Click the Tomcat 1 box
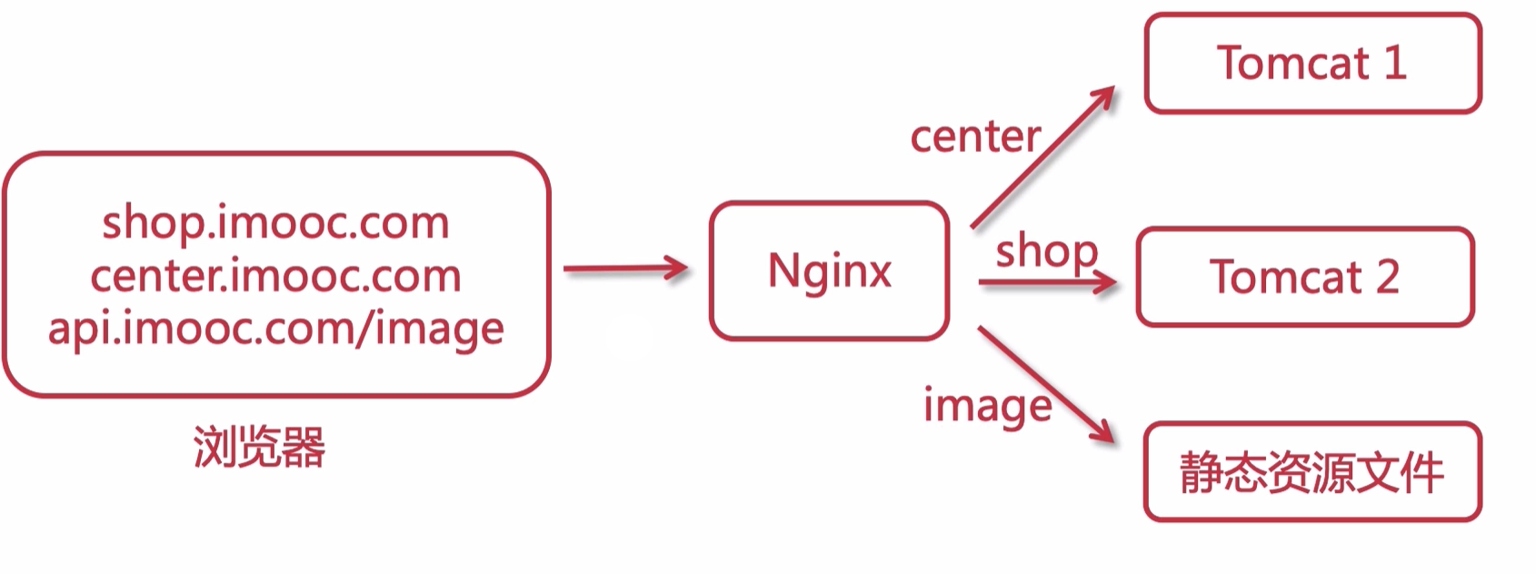[x=1312, y=63]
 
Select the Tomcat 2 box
[x=1304, y=277]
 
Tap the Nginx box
[x=829, y=271]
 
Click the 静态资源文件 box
[x=1312, y=471]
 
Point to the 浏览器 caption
[x=259, y=447]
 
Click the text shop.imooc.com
[x=275, y=223]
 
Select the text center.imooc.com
[x=275, y=276]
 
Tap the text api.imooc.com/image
[x=275, y=328]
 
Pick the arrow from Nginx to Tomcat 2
[x=1045, y=283]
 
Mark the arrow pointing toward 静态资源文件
[x=1045, y=384]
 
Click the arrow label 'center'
[x=975, y=137]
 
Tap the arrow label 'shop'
[x=1046, y=252]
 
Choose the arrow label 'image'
[x=987, y=406]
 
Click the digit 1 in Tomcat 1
[x=1395, y=63]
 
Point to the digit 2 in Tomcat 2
[x=1387, y=277]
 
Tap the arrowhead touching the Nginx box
[x=677, y=268]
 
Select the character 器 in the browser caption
[x=304, y=447]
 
